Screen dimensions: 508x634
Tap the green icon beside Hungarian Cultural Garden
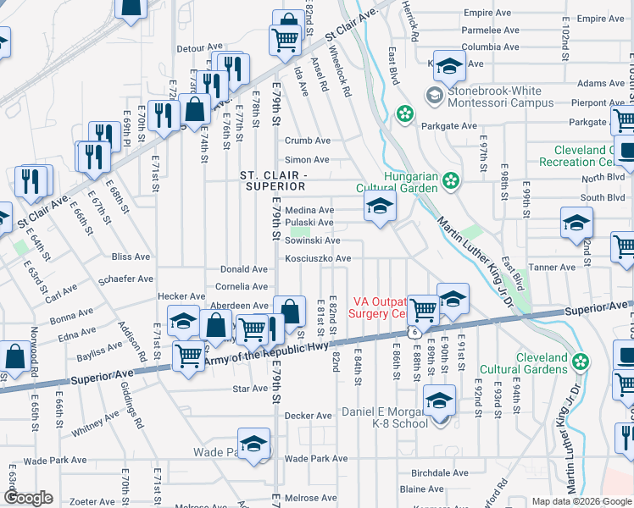[452, 179]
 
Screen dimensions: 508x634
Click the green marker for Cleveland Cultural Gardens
[581, 362]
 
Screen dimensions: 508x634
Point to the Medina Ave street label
[309, 210]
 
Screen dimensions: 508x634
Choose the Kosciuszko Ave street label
[318, 258]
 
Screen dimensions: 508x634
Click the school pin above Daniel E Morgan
[440, 401]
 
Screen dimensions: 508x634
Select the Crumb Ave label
[307, 141]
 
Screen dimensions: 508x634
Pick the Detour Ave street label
[199, 49]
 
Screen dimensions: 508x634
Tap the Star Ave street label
[249, 390]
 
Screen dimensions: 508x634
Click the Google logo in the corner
[30, 498]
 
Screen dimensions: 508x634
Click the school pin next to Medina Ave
[380, 207]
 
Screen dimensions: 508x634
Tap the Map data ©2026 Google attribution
[581, 501]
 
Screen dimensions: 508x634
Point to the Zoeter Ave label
[93, 501]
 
